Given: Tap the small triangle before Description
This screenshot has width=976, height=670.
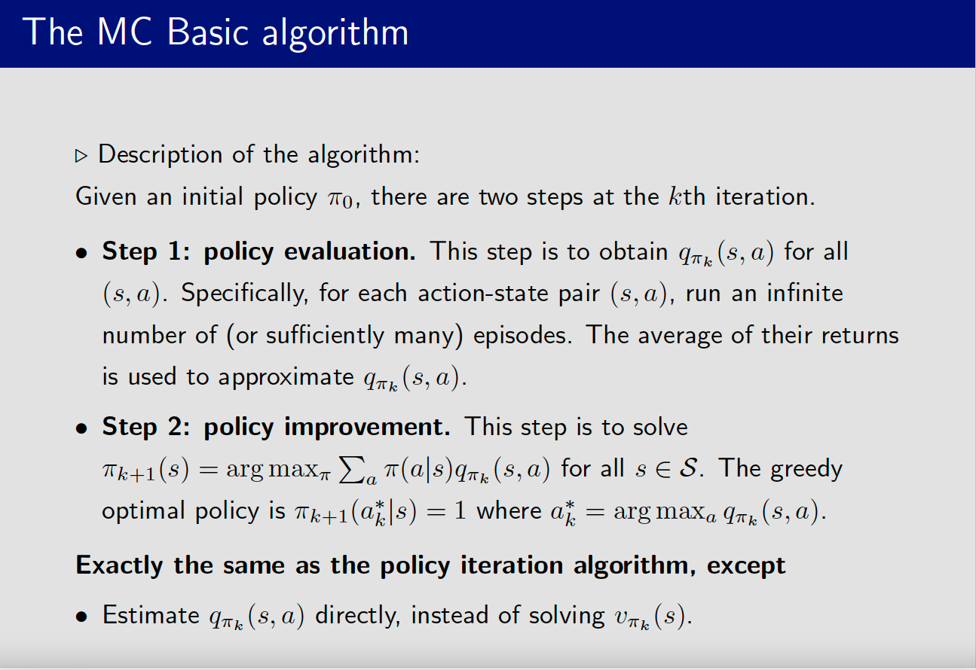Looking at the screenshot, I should tap(81, 156).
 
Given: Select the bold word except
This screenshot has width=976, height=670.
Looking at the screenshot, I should tap(746, 566).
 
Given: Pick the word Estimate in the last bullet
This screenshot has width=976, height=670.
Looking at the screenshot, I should tap(151, 615).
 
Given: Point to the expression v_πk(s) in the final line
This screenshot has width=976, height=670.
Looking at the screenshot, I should tap(647, 617).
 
